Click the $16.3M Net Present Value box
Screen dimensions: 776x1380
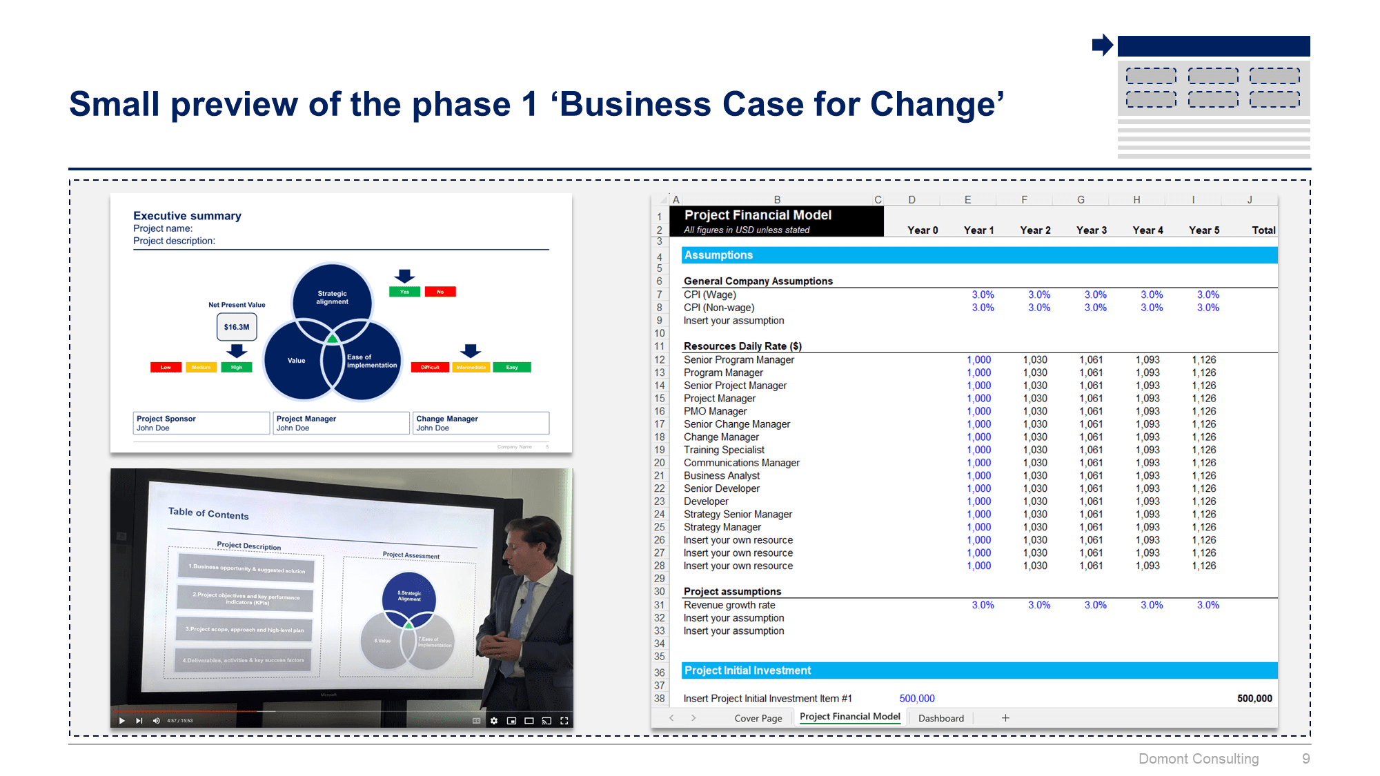pyautogui.click(x=237, y=327)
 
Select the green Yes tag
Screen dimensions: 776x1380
pyautogui.click(x=404, y=292)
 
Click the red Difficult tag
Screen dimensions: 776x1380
pyautogui.click(x=430, y=367)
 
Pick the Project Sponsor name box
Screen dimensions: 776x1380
pyautogui.click(x=201, y=423)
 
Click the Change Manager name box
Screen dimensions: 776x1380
pyautogui.click(x=480, y=423)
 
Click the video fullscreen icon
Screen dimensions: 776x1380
pyautogui.click(x=564, y=721)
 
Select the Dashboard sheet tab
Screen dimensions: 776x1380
pyautogui.click(x=940, y=718)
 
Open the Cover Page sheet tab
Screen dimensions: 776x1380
pyautogui.click(x=758, y=718)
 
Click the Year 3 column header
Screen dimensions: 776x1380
pyautogui.click(x=1091, y=230)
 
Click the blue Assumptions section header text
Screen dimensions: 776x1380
pyautogui.click(x=718, y=255)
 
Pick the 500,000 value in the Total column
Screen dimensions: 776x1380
pyautogui.click(x=1254, y=699)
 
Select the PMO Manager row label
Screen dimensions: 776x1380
pyautogui.click(x=715, y=411)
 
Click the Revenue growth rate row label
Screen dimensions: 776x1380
pyautogui.click(x=729, y=605)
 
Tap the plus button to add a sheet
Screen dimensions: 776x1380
pyautogui.click(x=1005, y=718)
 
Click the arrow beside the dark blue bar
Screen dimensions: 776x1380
pyautogui.click(x=1102, y=46)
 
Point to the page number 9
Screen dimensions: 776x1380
pyautogui.click(x=1305, y=759)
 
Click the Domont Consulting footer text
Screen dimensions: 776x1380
pyautogui.click(x=1199, y=759)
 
